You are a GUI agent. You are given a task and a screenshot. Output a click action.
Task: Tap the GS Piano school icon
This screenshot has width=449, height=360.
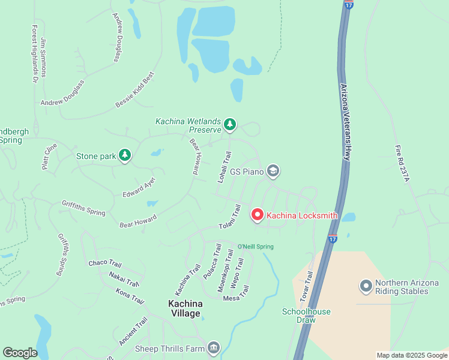(x=274, y=172)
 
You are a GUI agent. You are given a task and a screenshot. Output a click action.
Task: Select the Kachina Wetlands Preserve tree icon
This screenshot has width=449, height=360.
(x=229, y=125)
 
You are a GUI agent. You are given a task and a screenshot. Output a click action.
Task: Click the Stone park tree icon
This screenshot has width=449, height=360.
(x=124, y=156)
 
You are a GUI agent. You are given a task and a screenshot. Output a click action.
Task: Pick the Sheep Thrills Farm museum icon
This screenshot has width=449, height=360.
(x=214, y=347)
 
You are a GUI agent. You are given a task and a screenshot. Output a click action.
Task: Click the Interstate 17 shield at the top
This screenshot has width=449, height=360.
(x=349, y=4)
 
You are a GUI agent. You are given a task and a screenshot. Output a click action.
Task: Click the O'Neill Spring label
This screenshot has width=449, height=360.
(x=255, y=247)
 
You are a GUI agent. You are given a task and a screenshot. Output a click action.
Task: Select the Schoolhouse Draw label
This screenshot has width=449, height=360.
(x=298, y=316)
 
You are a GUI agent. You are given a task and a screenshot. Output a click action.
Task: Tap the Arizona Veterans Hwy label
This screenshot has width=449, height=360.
(x=345, y=120)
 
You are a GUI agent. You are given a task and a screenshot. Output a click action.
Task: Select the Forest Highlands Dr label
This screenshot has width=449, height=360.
(x=35, y=54)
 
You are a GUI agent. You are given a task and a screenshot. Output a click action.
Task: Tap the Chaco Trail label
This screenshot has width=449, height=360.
(x=105, y=263)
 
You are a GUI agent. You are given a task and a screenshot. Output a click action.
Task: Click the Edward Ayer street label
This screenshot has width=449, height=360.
(x=139, y=187)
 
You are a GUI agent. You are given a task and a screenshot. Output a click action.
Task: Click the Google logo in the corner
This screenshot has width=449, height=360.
(x=20, y=353)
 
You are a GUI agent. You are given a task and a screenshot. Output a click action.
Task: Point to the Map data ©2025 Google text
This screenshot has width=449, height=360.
(x=412, y=355)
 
